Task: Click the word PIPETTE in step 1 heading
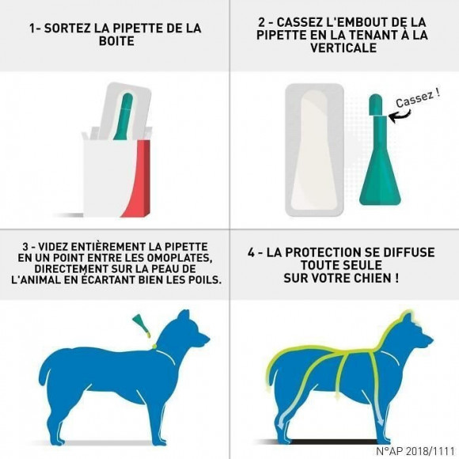pos(131,28)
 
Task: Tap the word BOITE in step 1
pos(116,41)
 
